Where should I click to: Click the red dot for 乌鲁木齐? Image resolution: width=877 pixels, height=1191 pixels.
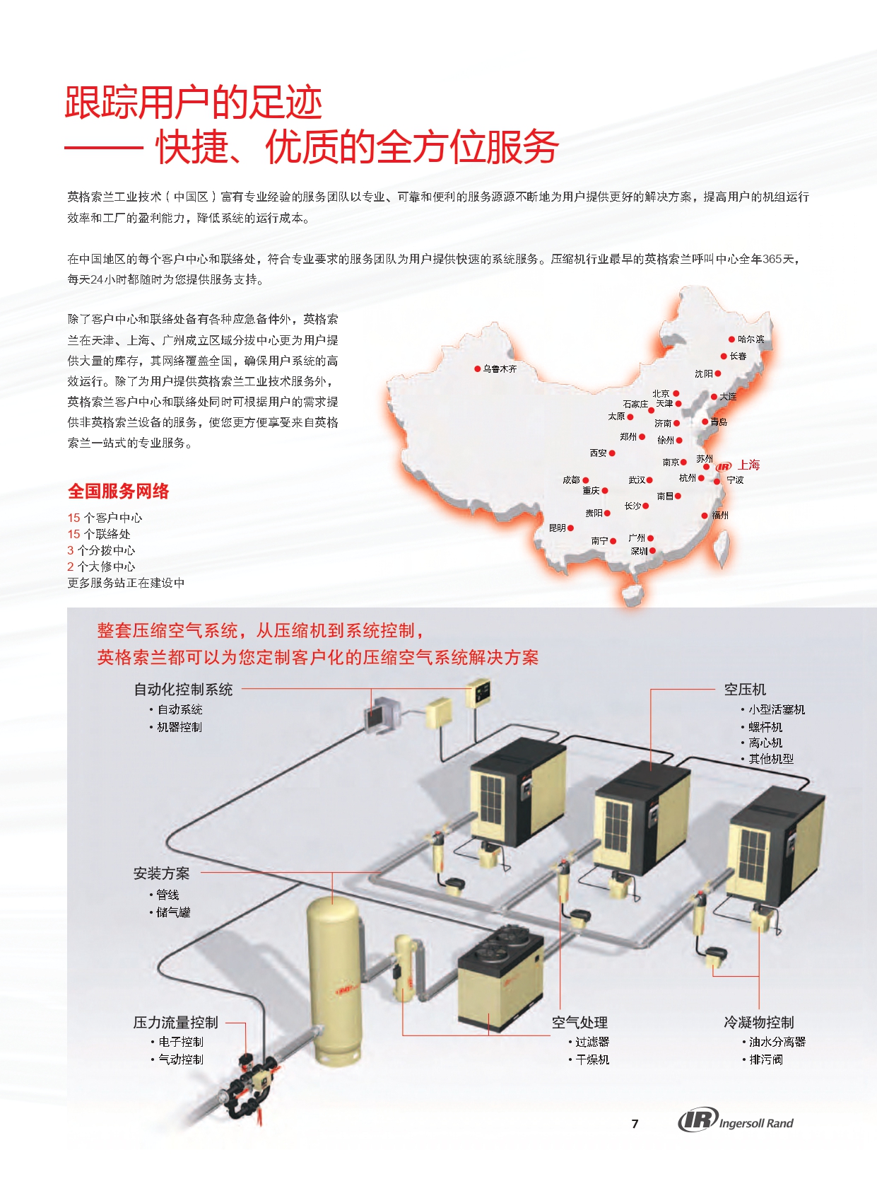point(477,368)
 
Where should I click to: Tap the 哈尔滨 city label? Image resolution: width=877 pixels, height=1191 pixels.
point(751,339)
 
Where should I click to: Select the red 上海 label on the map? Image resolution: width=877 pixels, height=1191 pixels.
point(749,465)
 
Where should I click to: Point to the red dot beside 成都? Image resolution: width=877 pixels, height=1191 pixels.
point(585,480)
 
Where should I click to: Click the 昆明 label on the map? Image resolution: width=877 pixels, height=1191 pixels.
point(557,528)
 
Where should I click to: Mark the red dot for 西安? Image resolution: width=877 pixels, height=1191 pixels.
point(612,453)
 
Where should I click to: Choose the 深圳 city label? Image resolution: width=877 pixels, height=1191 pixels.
point(639,551)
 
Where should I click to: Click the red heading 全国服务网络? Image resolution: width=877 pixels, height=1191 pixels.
point(118,491)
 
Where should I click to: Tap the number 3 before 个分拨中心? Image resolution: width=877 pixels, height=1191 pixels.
point(70,550)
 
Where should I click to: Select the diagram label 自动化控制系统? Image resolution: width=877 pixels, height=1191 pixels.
point(183,690)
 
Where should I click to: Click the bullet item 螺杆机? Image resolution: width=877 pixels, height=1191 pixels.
point(765,727)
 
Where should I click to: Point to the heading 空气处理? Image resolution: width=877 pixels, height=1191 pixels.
point(579,1022)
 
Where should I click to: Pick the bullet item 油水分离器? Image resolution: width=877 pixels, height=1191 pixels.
point(777,1042)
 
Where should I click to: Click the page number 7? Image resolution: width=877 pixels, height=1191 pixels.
point(635,1124)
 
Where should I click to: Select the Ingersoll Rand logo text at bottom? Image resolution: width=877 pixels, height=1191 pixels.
point(756,1123)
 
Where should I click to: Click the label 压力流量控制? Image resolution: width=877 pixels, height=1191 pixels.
point(176,1022)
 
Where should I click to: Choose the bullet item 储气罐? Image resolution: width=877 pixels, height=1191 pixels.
point(173,912)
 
